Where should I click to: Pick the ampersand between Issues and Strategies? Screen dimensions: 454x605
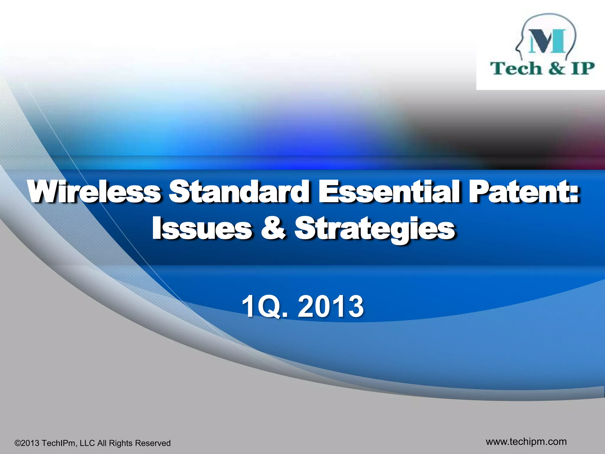point(273,228)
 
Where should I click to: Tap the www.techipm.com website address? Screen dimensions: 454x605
point(526,442)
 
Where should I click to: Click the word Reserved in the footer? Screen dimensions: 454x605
point(153,443)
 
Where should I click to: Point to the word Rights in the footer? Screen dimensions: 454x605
point(121,443)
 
